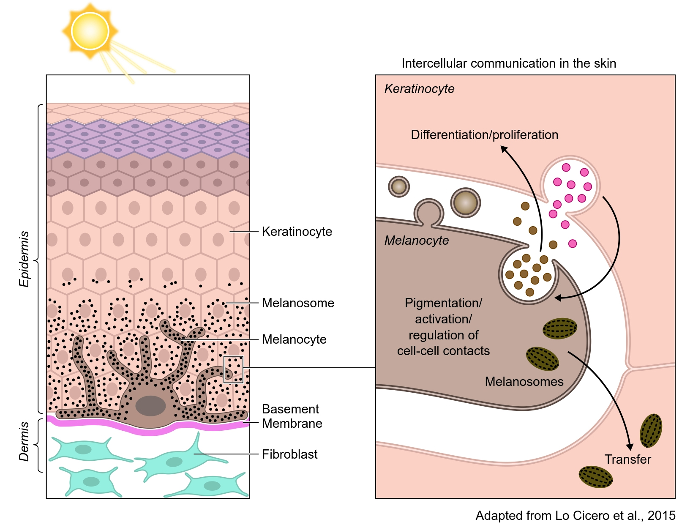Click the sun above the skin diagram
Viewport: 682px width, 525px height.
(90, 31)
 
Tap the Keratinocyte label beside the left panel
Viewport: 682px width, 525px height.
(297, 232)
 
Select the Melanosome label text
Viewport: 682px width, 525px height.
(298, 303)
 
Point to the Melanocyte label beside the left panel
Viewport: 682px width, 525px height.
(294, 339)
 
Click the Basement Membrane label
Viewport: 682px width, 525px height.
(292, 416)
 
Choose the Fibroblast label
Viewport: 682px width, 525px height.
(289, 454)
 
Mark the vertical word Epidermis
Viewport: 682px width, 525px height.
(25, 259)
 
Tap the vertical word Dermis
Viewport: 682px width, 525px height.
(25, 441)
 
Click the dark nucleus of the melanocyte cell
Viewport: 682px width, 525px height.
(150, 406)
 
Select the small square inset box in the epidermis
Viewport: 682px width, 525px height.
(233, 369)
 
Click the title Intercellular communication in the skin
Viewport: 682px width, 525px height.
(508, 63)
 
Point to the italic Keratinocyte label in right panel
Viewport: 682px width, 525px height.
(419, 89)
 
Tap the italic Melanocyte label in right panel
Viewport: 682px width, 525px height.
(417, 241)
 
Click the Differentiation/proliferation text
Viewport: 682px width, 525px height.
(484, 135)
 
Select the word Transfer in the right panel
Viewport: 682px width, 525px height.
(627, 459)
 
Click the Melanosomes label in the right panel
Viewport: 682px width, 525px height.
(524, 382)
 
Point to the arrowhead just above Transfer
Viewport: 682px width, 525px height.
(630, 447)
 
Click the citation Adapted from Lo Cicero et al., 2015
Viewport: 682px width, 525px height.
(575, 516)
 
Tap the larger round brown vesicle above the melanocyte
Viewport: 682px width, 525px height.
(465, 202)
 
